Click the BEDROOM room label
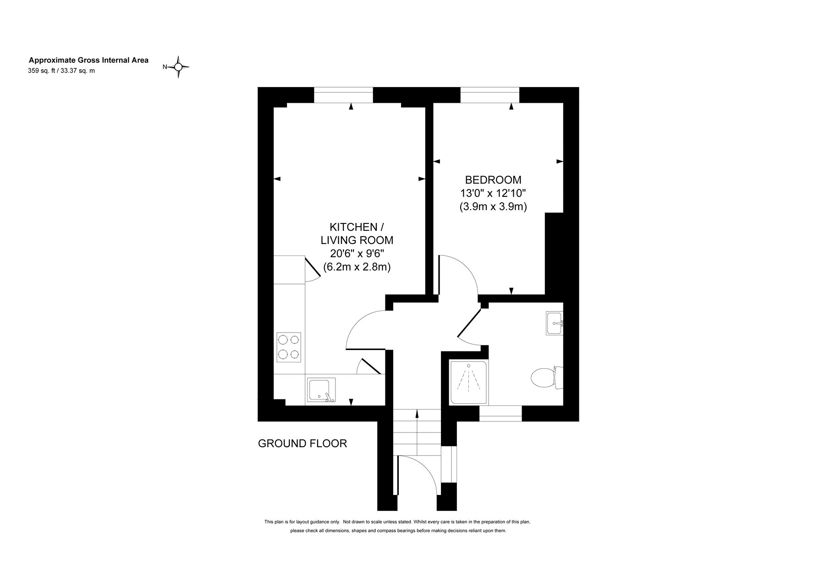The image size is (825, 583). pos(493,180)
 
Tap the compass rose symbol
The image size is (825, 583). pos(178,67)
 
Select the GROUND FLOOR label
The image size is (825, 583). pos(302,444)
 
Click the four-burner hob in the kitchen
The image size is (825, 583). pos(289,347)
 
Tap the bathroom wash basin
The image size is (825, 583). pos(555,323)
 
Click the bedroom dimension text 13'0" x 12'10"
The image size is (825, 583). pos(493,193)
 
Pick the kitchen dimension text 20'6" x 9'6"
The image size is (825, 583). pos(357,254)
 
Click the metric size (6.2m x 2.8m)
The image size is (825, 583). pos(357,267)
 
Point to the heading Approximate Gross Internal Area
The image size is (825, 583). pos(89,60)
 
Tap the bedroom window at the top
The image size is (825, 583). pos(489,95)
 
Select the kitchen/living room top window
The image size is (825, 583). pos(343,95)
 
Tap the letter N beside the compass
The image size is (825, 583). pos(165,67)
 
